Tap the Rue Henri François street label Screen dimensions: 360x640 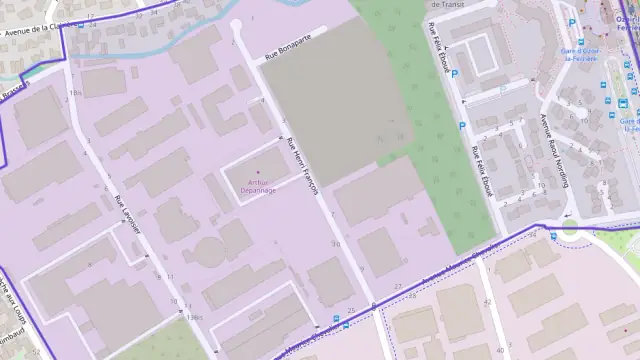(302, 164)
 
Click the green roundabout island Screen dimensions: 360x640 (570, 227)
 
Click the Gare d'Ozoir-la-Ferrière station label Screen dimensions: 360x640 (578, 53)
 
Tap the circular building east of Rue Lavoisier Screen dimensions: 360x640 (209, 249)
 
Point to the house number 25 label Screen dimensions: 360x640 (351, 310)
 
